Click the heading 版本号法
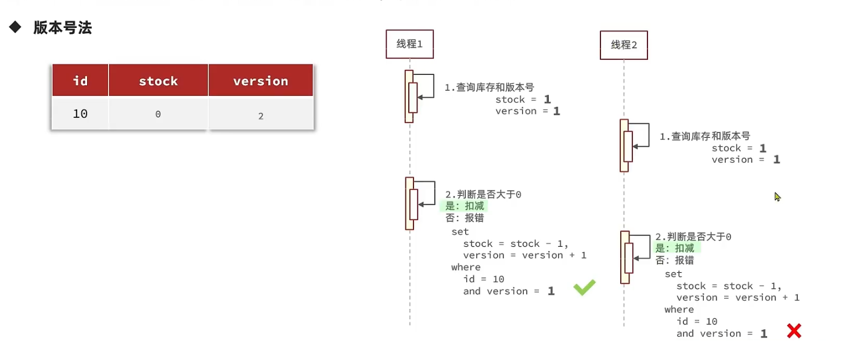point(62,28)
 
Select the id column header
point(80,81)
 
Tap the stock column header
point(158,81)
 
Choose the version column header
point(260,81)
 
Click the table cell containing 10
point(80,114)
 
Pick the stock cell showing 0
point(158,114)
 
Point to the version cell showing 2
point(261,116)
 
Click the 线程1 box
point(409,44)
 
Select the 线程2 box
point(624,45)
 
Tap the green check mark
point(584,287)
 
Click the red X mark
point(794,331)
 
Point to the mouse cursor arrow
point(777,197)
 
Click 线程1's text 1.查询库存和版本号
point(489,87)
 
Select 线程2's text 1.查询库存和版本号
point(704,136)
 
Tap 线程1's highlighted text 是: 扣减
point(464,206)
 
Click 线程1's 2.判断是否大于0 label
point(483,195)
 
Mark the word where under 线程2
point(679,309)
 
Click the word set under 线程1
point(460,232)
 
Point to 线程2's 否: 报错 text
point(675,260)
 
